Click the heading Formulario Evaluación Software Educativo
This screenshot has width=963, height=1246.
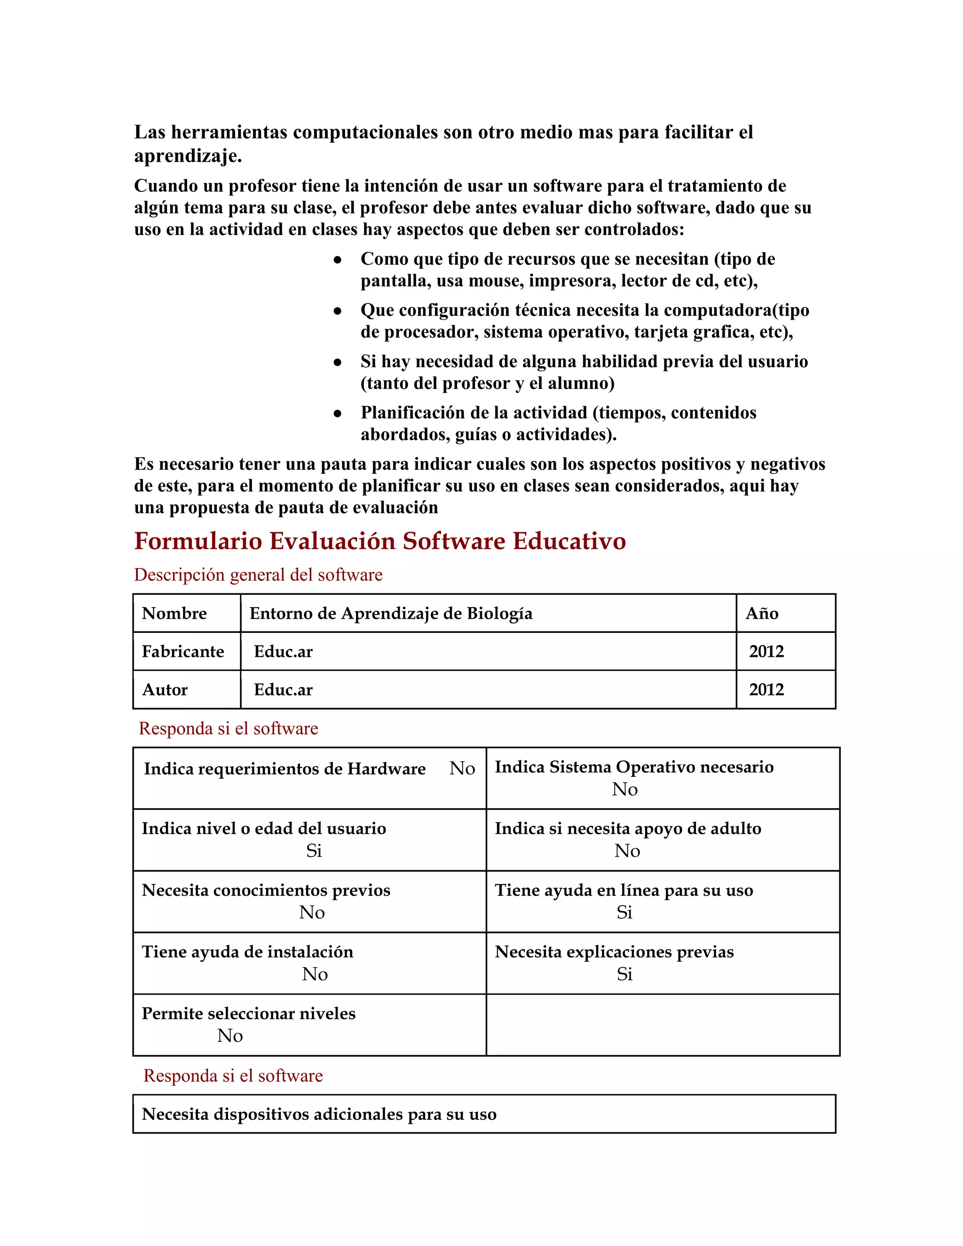coord(380,541)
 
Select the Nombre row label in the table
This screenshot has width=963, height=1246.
coord(174,613)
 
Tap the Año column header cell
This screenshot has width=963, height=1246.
coord(762,613)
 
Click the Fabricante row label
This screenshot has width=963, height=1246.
coord(182,652)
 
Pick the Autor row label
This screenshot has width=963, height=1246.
coord(165,690)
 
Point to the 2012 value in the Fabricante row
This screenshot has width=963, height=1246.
coord(766,652)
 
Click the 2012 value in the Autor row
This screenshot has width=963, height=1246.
coord(766,690)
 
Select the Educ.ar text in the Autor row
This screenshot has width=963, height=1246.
coord(283,690)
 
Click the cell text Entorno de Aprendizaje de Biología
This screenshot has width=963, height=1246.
coord(391,613)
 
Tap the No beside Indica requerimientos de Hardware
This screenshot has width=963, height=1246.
coord(462,768)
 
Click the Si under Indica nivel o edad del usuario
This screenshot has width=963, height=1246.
coord(314,851)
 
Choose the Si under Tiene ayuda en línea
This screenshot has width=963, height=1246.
coord(624,912)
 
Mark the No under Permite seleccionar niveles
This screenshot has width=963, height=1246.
coord(230,1035)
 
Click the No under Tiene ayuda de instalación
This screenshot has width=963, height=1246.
coord(315,974)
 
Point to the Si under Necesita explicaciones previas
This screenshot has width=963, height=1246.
coord(624,974)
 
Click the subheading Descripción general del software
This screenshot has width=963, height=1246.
coord(258,575)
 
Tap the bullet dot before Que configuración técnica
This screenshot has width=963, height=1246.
coord(338,311)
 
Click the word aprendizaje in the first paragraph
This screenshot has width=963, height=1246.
coord(187,156)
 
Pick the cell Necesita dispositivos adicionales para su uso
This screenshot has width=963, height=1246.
coord(319,1114)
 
